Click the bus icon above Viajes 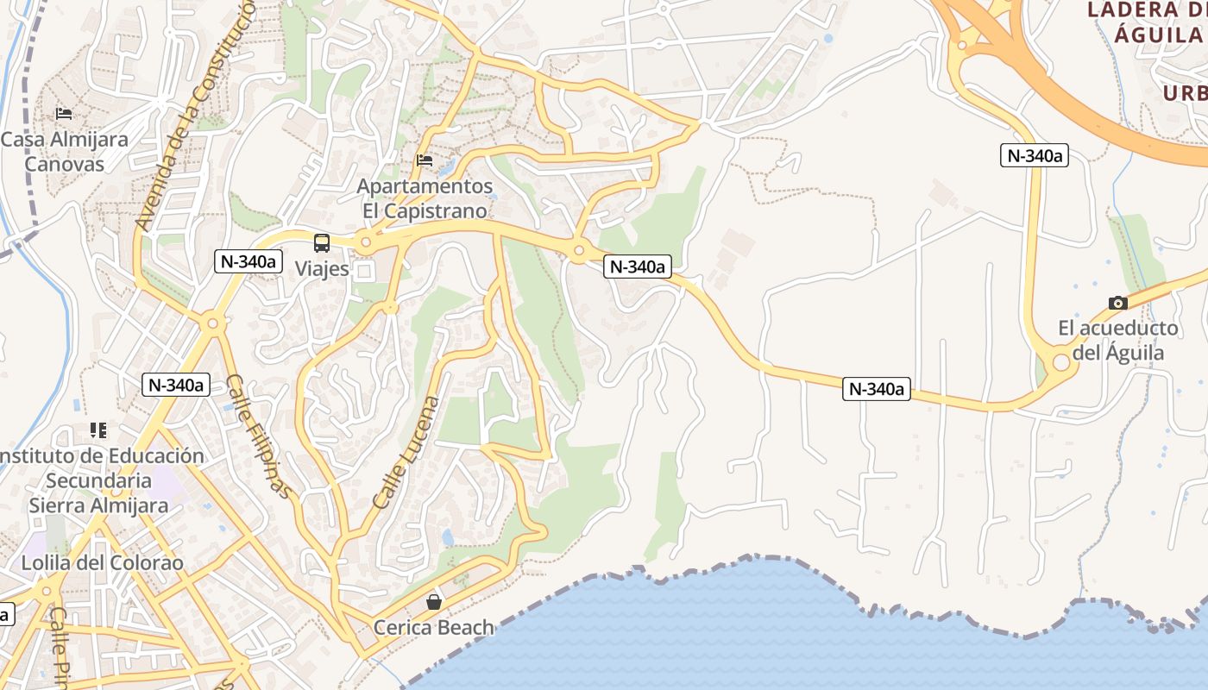pyautogui.click(x=322, y=243)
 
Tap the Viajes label pyautogui.click(x=322, y=268)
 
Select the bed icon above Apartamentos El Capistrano pyautogui.click(x=424, y=160)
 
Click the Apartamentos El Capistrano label pyautogui.click(x=425, y=198)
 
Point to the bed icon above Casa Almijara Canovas pyautogui.click(x=64, y=113)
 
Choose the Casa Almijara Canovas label pyautogui.click(x=65, y=152)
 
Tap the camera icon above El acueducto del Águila pyautogui.click(x=1117, y=303)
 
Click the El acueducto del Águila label pyautogui.click(x=1118, y=340)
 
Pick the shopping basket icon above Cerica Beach pyautogui.click(x=434, y=601)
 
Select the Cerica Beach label pyautogui.click(x=434, y=627)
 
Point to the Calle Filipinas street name pyautogui.click(x=257, y=436)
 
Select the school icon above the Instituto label pyautogui.click(x=98, y=430)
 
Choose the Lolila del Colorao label pyautogui.click(x=102, y=563)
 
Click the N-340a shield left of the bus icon pyautogui.click(x=249, y=260)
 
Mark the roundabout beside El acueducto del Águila pyautogui.click(x=1060, y=363)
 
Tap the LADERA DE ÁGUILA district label pyautogui.click(x=1145, y=22)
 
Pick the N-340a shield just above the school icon pyautogui.click(x=176, y=385)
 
